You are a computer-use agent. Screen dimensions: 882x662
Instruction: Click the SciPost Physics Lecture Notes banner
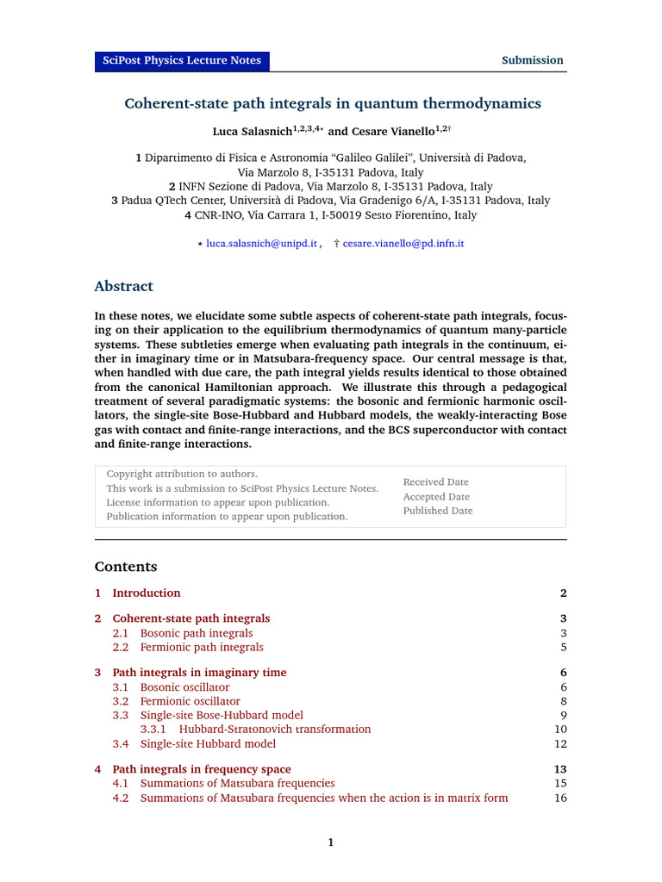tap(182, 60)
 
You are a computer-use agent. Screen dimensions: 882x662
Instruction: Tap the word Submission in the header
tap(533, 60)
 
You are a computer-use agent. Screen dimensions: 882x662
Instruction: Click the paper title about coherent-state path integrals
tap(333, 103)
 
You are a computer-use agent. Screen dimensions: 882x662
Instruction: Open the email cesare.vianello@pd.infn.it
tap(403, 244)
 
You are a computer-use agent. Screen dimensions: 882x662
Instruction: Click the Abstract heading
tap(123, 286)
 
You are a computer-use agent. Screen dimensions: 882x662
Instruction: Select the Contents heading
tap(126, 567)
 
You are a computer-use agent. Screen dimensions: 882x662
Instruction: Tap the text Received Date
tap(435, 482)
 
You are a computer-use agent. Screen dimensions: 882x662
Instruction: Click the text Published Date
tap(438, 511)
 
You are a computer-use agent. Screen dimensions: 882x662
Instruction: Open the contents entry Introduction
tap(147, 593)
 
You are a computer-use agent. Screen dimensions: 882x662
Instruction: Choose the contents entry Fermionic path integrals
tap(202, 647)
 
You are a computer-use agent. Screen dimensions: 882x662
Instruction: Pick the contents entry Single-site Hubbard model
tap(208, 743)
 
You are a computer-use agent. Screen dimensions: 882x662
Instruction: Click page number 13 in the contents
tap(559, 769)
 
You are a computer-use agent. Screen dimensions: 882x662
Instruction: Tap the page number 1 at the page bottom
tap(330, 842)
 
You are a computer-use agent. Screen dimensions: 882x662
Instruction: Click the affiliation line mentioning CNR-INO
tap(330, 215)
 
